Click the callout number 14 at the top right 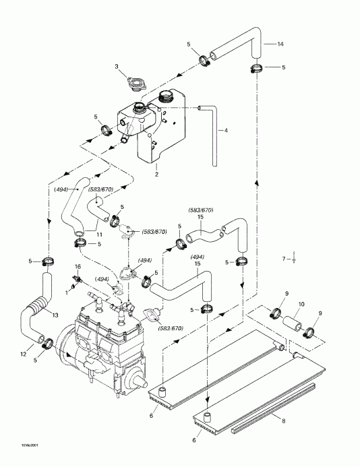click(x=280, y=44)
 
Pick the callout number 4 click(x=227, y=130)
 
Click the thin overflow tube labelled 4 click(x=215, y=135)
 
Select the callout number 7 click(x=284, y=259)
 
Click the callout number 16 click(x=78, y=268)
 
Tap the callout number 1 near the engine click(x=67, y=292)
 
